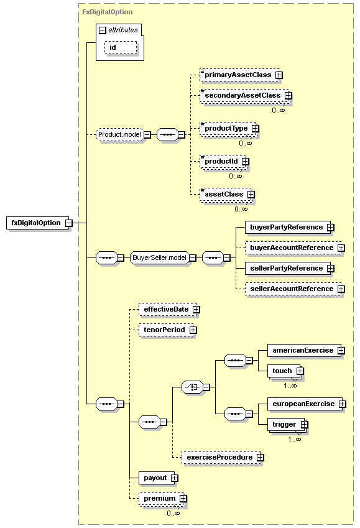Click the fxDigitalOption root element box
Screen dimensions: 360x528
click(38, 223)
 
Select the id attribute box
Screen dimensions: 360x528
click(121, 47)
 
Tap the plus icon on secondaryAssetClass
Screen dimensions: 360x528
click(288, 96)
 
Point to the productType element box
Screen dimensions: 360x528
click(229, 128)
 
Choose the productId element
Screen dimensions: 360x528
click(224, 161)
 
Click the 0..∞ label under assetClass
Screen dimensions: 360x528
click(241, 209)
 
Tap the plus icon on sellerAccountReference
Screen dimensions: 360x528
click(341, 289)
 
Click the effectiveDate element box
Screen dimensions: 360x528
click(169, 310)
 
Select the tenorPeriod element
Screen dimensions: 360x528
click(167, 330)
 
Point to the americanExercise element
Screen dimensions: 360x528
click(306, 351)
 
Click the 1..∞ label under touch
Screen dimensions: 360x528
click(290, 386)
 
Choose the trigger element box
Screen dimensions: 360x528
click(288, 425)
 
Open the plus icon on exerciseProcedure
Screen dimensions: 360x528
click(260, 457)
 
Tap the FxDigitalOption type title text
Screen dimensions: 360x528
click(108, 12)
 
